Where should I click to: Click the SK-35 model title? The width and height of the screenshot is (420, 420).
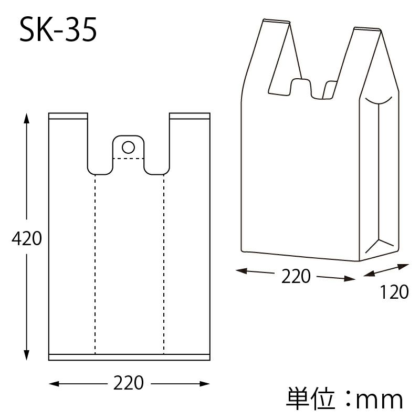point(58,29)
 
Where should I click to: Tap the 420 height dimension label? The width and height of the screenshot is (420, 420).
point(27,238)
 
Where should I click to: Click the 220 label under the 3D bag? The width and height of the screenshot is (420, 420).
point(296,276)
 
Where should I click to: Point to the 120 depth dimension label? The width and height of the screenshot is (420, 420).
point(394,292)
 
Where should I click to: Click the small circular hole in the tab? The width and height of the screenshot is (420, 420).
point(128,147)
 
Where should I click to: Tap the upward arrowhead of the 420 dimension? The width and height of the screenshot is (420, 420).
point(26,119)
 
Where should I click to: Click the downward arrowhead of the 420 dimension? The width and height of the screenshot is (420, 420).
point(26,355)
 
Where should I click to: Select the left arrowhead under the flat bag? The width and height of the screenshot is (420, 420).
point(54,384)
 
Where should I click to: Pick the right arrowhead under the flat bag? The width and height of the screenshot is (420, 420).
point(205,384)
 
